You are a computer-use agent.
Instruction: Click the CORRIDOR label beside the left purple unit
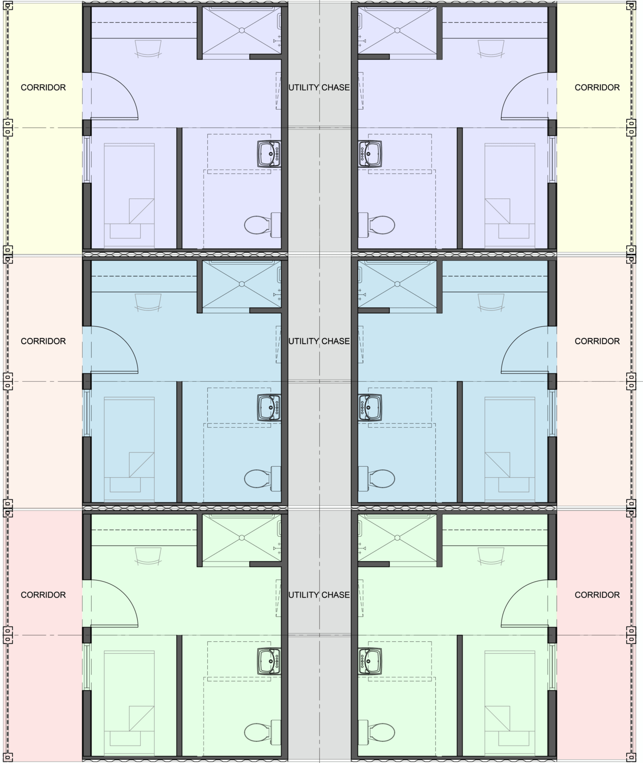(x=43, y=88)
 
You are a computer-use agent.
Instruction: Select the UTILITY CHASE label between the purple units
(x=319, y=88)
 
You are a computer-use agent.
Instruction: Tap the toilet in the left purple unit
(x=263, y=225)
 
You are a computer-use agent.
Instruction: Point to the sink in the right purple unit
(x=370, y=154)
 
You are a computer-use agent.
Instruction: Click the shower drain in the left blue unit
(x=242, y=284)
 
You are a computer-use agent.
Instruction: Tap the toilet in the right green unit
(x=377, y=732)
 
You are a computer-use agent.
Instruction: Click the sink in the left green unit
(x=269, y=661)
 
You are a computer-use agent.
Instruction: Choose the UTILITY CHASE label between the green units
(x=319, y=595)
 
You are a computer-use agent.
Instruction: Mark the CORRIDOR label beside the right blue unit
(x=597, y=341)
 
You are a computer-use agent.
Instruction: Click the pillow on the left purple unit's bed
(x=126, y=231)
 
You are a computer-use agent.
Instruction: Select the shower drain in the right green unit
(x=397, y=537)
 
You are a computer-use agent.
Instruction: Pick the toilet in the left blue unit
(x=263, y=479)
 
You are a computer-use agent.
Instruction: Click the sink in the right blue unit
(x=370, y=408)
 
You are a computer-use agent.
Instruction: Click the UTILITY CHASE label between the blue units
(x=319, y=341)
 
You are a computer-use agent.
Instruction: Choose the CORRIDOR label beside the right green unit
(x=597, y=595)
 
